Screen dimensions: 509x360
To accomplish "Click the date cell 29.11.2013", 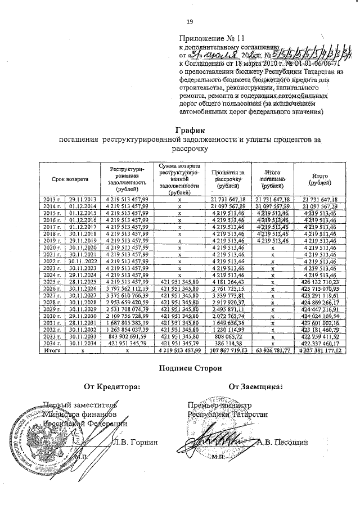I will (x=83, y=200).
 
